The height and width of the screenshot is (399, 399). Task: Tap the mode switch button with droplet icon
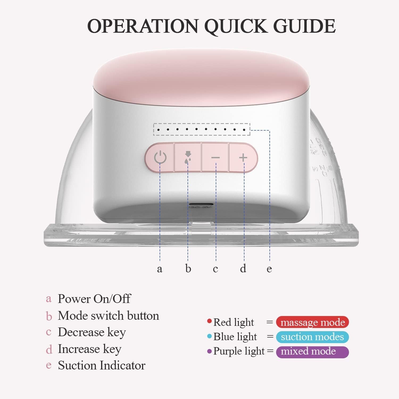(188, 157)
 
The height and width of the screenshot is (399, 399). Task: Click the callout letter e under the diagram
(269, 269)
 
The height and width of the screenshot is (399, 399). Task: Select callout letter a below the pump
(160, 269)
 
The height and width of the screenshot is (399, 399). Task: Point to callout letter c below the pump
(215, 269)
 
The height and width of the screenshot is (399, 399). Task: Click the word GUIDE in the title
(304, 26)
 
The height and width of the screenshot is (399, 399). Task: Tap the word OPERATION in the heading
(143, 26)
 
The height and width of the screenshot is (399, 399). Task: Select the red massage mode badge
(312, 322)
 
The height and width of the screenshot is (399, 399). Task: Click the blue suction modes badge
(312, 337)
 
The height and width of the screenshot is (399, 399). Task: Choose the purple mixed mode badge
(312, 352)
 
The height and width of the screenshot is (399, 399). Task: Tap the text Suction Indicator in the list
(102, 365)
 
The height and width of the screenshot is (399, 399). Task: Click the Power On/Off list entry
(94, 299)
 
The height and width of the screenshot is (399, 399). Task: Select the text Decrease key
(92, 332)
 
